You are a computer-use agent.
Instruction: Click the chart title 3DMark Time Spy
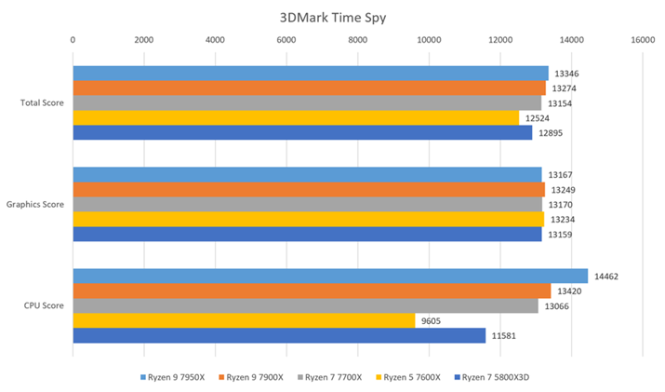[x=332, y=16]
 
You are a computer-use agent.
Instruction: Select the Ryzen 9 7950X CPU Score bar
[x=330, y=276]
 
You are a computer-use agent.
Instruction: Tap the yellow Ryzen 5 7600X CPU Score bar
[x=244, y=320]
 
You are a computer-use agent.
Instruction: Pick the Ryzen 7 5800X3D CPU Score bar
[x=279, y=335]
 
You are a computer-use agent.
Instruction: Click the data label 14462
[x=607, y=276]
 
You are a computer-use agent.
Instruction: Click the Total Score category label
[x=42, y=102]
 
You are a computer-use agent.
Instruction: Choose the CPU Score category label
[x=45, y=305]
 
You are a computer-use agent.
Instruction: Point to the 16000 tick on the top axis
[x=642, y=40]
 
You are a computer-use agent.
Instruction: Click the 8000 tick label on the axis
[x=357, y=40]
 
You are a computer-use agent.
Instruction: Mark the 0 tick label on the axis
[x=73, y=40]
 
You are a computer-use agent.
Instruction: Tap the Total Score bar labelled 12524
[x=296, y=118]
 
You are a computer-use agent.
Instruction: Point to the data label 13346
[x=566, y=73]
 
